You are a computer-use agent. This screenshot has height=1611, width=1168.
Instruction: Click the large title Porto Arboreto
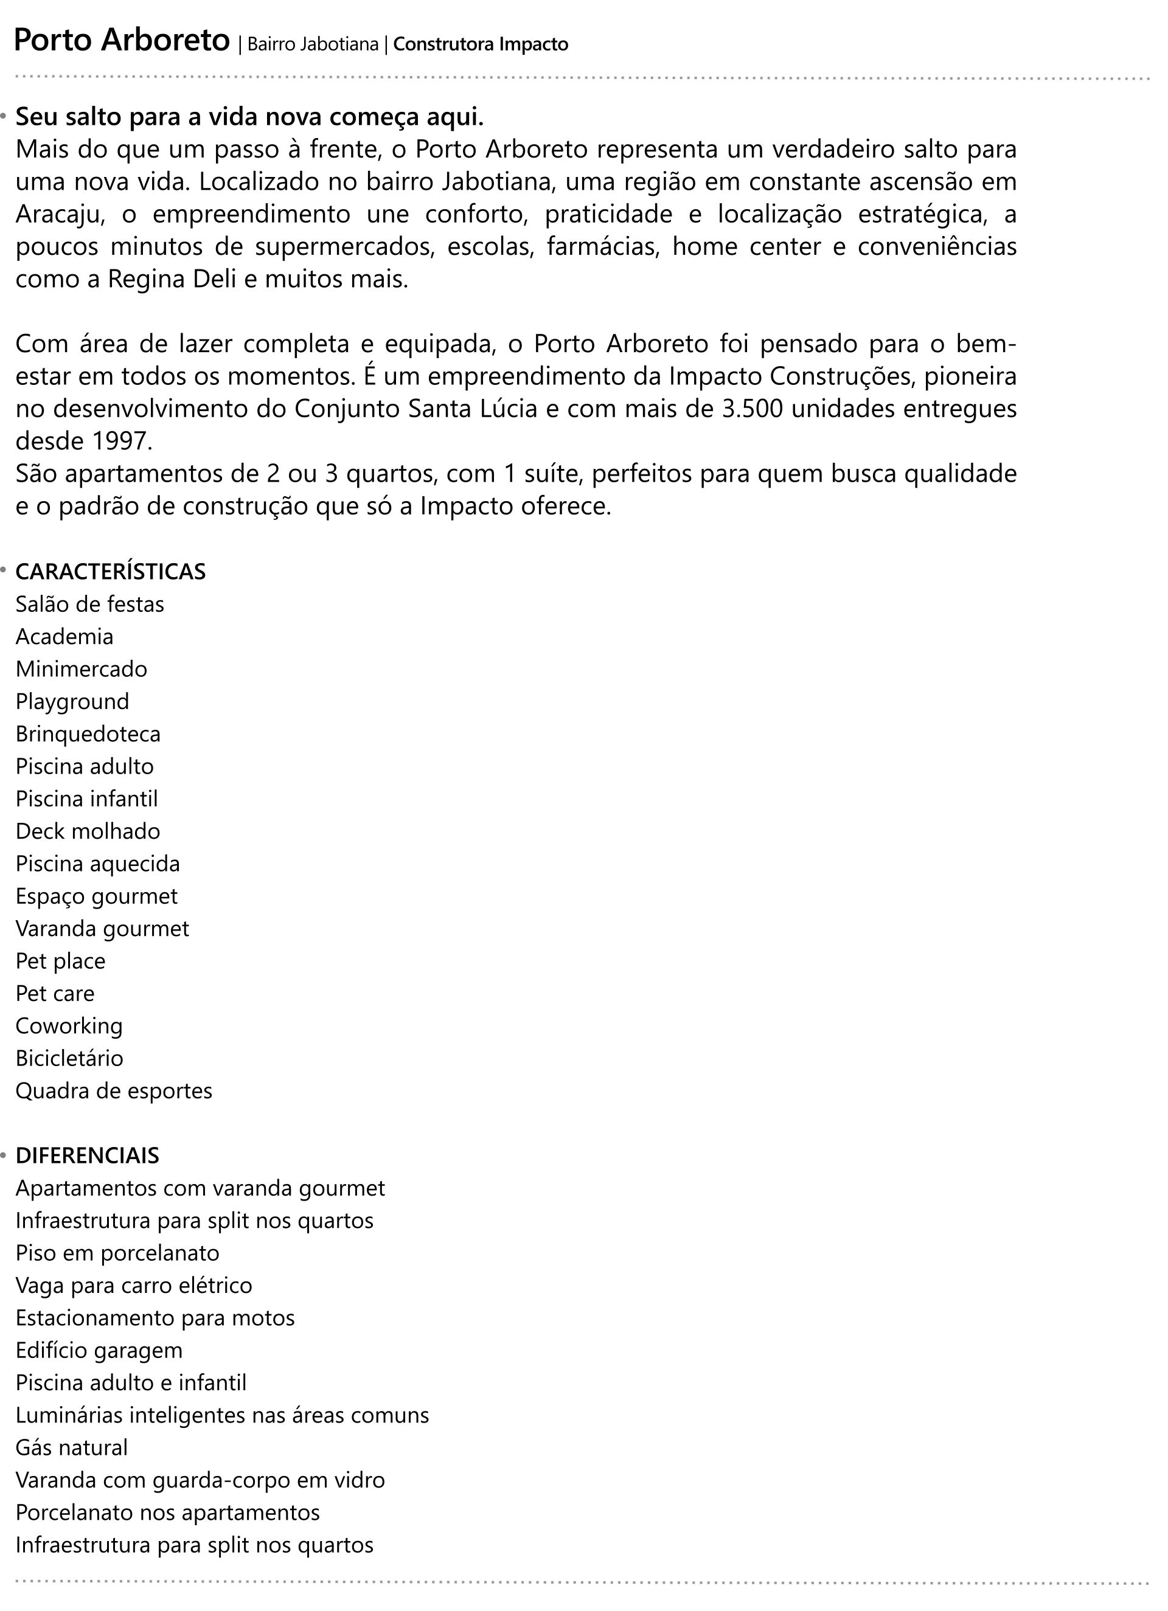[122, 41]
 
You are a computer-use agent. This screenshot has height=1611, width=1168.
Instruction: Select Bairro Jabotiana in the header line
[313, 45]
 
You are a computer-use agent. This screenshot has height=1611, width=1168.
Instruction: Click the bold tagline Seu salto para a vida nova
[249, 117]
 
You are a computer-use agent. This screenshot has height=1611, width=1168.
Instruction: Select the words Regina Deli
[171, 279]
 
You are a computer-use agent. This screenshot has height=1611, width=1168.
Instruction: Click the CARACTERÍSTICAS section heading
[110, 572]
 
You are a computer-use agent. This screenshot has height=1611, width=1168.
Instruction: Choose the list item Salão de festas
[89, 605]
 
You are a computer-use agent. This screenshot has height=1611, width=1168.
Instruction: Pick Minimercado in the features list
[81, 669]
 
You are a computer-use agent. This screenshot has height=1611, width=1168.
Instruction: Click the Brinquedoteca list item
[88, 734]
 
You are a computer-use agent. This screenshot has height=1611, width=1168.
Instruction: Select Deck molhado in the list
[88, 831]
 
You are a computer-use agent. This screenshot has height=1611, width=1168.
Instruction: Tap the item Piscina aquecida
[97, 864]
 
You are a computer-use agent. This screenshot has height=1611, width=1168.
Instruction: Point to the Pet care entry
[55, 993]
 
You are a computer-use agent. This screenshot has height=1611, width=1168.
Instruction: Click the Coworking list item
[69, 1026]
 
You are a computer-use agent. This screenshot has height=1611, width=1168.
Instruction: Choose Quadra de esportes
[114, 1090]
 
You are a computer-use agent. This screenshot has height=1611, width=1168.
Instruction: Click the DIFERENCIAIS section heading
[88, 1155]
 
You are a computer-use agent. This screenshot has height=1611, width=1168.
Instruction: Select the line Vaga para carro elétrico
[134, 1285]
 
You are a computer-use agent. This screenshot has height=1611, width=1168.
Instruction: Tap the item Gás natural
[72, 1447]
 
